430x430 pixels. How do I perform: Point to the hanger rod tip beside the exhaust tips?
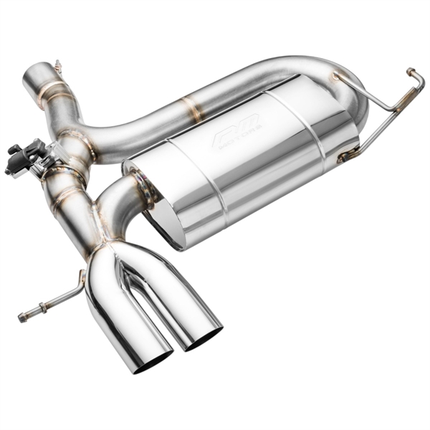coord(23,316)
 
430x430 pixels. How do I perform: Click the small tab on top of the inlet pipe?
coord(57,67)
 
